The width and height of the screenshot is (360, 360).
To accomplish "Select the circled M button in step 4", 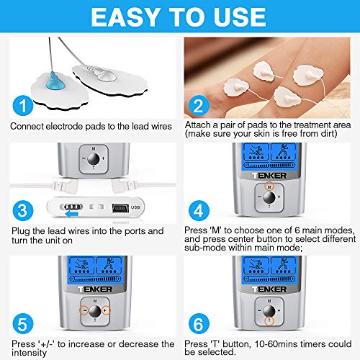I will tap(269, 186).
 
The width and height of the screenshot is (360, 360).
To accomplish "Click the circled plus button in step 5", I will tap(107, 311).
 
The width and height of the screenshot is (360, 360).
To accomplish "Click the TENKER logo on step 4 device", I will tap(269, 174).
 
